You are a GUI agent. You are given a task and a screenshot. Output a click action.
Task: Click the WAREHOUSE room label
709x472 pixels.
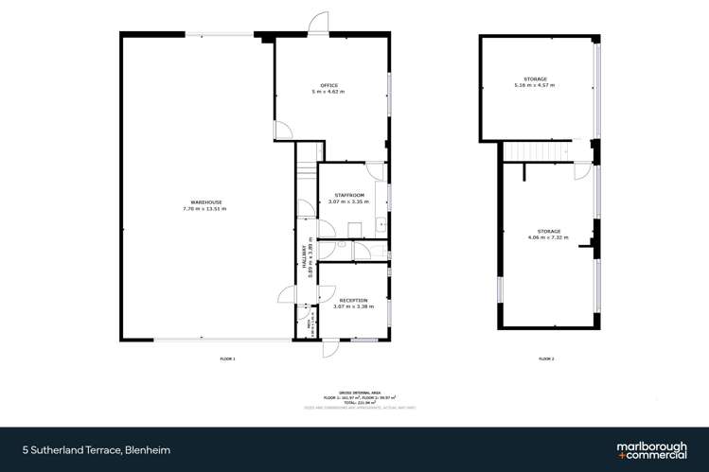point(204,201)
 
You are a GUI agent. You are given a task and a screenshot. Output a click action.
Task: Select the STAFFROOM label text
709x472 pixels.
point(346,196)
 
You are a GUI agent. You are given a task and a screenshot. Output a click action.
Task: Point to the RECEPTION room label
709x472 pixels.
point(352,300)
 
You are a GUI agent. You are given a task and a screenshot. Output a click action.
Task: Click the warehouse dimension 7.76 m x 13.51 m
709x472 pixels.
point(204,208)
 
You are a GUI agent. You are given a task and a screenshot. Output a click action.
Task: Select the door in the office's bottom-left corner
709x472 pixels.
point(281,131)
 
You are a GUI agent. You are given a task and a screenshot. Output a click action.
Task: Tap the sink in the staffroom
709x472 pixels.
point(380,224)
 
